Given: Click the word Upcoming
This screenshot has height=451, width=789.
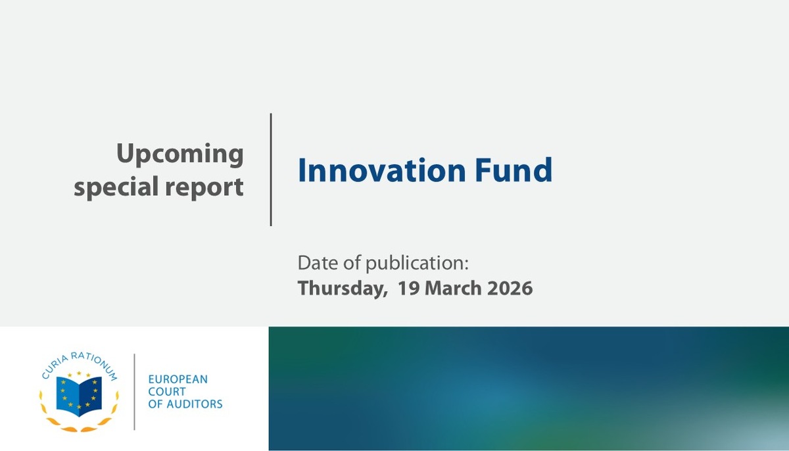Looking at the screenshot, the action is click(180, 154).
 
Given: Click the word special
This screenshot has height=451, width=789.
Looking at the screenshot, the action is click(116, 187).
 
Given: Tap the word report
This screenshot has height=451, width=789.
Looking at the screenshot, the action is click(204, 187).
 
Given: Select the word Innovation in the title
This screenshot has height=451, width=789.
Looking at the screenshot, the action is click(382, 170).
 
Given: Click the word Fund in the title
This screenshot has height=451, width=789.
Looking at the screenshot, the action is click(514, 170).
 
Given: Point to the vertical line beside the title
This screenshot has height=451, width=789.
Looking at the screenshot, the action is click(271, 170).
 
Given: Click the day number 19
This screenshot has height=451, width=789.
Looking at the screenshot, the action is click(408, 288).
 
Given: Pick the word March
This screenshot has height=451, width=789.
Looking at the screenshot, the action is click(453, 288).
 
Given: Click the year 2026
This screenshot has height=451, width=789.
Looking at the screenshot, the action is click(510, 288).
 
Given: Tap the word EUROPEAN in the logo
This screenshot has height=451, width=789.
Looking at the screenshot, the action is click(178, 379).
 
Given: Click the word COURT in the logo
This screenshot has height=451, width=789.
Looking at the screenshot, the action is click(166, 391).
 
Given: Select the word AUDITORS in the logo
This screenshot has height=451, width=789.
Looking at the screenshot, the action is click(195, 404).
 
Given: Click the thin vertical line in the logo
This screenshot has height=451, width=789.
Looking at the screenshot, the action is click(135, 392).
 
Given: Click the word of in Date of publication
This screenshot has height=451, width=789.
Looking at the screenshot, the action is click(352, 262).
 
